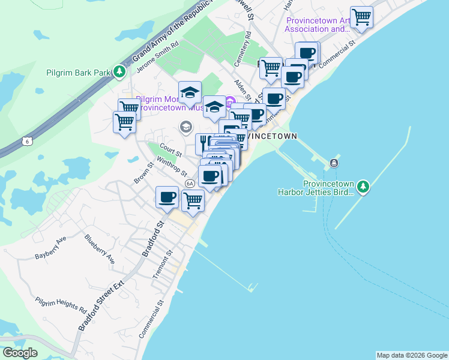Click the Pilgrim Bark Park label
pos(79,73)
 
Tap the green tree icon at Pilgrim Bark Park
pos(120,72)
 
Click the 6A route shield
pos(190,183)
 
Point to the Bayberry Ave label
pos(50,247)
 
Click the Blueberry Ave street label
pos(100,249)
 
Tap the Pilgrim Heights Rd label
pos(61,304)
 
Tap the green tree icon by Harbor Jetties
pos(363,187)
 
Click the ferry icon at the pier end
pos(334,163)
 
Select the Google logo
pos(20,353)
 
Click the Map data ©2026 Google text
pos(411,355)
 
